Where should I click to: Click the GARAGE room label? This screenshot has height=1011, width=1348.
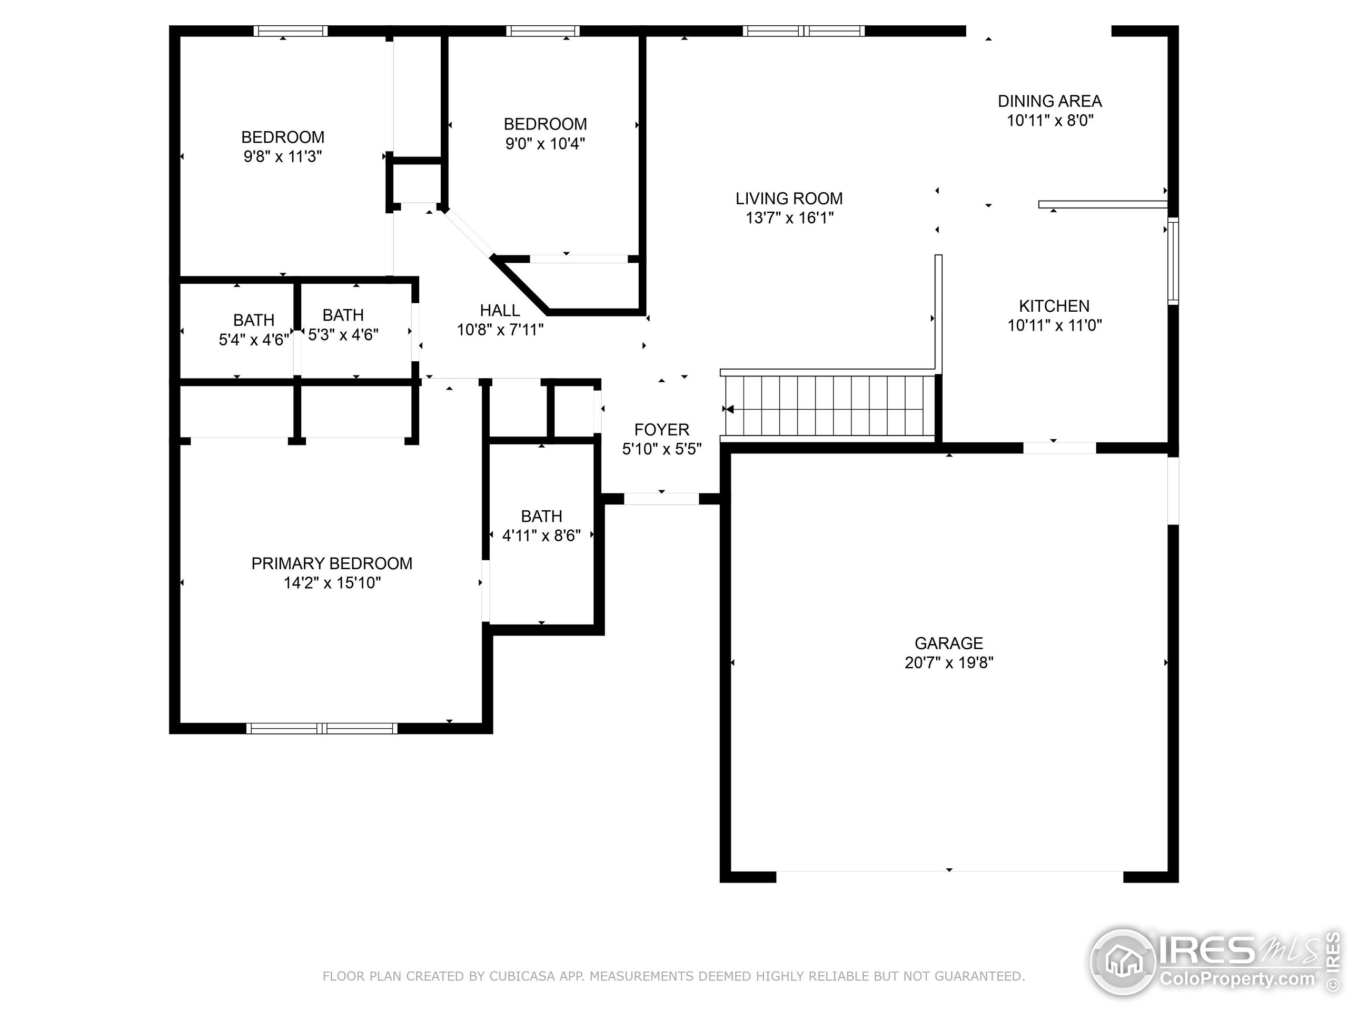[948, 643]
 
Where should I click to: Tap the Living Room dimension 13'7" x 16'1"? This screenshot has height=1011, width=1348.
[789, 218]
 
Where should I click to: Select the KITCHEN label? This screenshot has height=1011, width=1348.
[1054, 306]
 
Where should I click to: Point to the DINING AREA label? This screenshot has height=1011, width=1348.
[1049, 101]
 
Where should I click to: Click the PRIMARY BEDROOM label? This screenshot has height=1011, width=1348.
[332, 563]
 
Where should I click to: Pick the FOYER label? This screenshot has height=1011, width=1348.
[661, 430]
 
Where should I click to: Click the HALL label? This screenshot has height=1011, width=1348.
[500, 310]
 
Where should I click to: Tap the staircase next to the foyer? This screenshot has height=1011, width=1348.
[829, 405]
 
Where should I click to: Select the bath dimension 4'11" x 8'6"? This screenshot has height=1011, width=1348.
[541, 536]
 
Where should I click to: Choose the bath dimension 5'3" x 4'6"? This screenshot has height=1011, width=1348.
[343, 334]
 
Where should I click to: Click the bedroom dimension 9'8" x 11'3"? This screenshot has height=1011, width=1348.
[282, 156]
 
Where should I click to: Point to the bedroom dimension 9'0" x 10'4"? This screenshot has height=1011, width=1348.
[545, 144]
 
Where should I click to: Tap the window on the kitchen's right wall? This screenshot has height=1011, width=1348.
[1173, 261]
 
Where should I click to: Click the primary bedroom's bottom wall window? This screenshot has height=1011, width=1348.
[322, 728]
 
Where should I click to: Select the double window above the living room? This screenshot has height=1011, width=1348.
[803, 31]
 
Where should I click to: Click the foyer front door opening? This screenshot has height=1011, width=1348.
[661, 499]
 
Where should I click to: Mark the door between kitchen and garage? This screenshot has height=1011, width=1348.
[1059, 449]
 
